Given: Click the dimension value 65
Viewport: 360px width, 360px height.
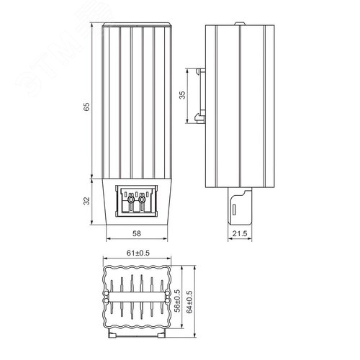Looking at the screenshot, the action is tap(86, 107).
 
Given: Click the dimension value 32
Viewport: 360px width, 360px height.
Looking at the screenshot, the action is tap(86, 201).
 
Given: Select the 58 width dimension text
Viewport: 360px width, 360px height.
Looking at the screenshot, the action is tap(137, 233).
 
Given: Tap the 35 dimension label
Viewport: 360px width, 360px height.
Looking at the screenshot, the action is tap(183, 95).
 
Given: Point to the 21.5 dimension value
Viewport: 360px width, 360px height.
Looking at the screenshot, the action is tap(240, 233).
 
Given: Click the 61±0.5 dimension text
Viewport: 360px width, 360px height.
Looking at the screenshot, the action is tap(138, 253).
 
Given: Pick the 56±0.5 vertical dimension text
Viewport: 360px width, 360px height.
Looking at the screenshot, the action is tap(177, 300).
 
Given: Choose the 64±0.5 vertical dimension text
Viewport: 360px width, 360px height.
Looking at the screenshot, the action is tap(189, 302).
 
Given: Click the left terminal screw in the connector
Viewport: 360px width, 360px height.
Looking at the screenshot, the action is tap(131, 199).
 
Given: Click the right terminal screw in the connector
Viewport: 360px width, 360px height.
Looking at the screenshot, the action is tap(142, 199).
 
